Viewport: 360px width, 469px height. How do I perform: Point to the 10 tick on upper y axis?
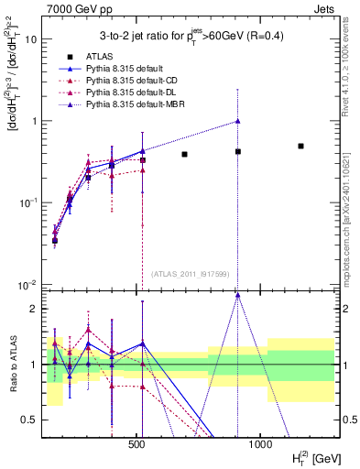click(x=30, y=39)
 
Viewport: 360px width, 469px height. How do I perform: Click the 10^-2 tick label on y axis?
click(x=28, y=284)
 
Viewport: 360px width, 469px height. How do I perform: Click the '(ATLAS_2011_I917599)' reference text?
click(x=190, y=272)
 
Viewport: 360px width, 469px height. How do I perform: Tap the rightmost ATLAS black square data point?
click(x=300, y=146)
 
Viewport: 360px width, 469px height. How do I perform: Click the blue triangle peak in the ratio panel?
click(x=237, y=295)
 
